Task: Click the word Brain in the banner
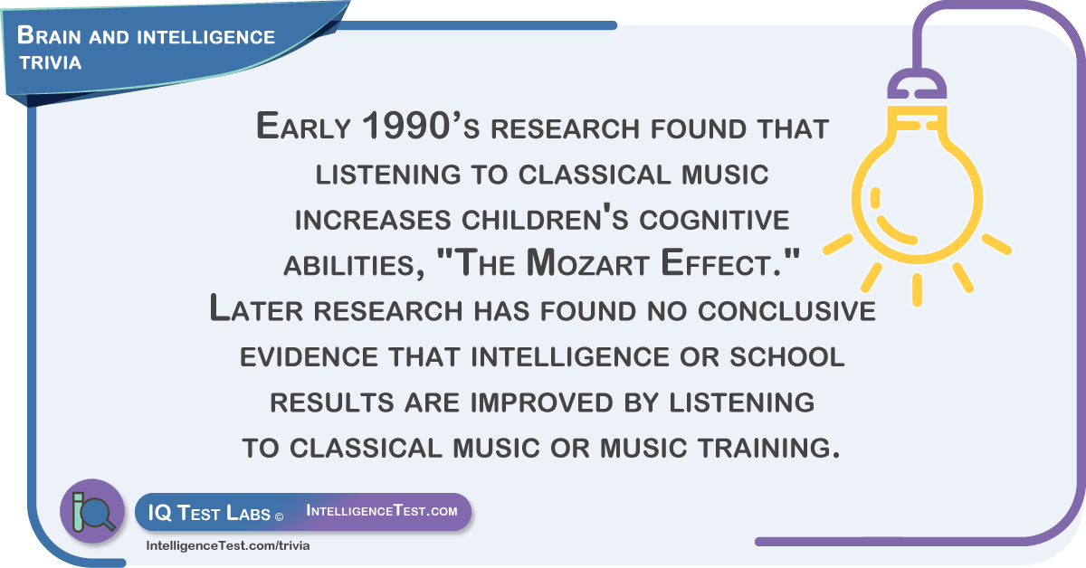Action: pos(49,36)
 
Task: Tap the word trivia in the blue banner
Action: pos(51,62)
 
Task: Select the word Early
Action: pos(303,126)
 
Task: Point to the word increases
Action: pos(373,220)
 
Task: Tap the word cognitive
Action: pos(714,220)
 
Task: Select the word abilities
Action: pos(354,266)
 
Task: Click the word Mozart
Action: pos(587,262)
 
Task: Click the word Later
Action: pos(256,308)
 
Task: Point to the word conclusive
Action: pos(786,310)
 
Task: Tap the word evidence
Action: pos(309,356)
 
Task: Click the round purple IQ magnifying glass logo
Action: pos(92,511)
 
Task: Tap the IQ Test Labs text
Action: pos(209,513)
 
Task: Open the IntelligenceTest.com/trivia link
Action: pos(228,545)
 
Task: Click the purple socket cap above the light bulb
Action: pos(916,84)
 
